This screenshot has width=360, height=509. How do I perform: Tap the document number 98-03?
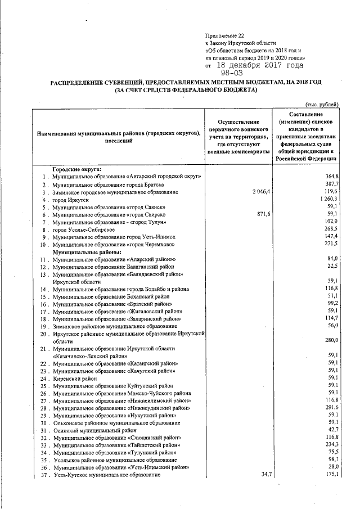coord(232,73)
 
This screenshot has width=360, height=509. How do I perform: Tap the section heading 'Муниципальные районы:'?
coord(84,253)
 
